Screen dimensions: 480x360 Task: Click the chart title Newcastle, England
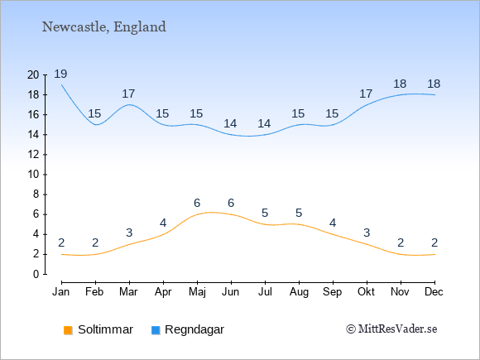coord(104,27)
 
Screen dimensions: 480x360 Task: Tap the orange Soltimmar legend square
coord(68,330)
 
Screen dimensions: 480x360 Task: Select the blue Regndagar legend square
coord(156,330)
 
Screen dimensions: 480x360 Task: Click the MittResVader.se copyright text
coord(391,329)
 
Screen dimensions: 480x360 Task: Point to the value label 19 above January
coord(60,74)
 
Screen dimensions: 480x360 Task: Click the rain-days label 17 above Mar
coord(128,94)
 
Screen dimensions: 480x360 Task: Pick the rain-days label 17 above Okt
coord(366,94)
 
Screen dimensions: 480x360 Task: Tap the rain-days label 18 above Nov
coord(400,84)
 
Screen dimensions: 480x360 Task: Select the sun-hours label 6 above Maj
coord(197,203)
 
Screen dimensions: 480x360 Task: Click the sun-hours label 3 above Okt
coord(367,233)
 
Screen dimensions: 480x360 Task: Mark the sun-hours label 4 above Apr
coord(163,223)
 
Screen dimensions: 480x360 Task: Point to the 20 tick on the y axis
coord(33,74)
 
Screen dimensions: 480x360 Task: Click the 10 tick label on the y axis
coord(33,175)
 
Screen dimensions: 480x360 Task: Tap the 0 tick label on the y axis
coord(36,274)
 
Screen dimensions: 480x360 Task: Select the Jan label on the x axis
coord(61,292)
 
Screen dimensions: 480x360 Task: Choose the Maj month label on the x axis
coord(197,292)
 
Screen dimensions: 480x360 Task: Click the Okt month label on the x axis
coord(366,292)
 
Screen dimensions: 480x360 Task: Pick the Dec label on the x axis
coord(434,292)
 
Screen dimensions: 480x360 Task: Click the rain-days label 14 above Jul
coord(264,123)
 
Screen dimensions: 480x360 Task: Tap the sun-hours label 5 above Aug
coord(299,213)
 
